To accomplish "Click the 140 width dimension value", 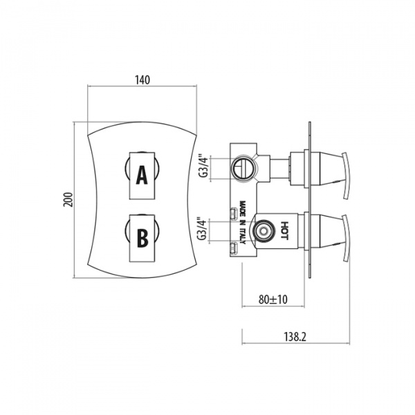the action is click(142, 80).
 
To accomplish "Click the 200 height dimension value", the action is click(68, 200).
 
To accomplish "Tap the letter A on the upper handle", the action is click(142, 175).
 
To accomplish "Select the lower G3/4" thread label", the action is click(202, 229).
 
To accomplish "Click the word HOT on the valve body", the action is click(284, 230).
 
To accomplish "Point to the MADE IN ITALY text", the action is click(243, 223).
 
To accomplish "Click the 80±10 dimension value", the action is click(273, 299).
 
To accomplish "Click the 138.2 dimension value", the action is click(295, 337).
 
